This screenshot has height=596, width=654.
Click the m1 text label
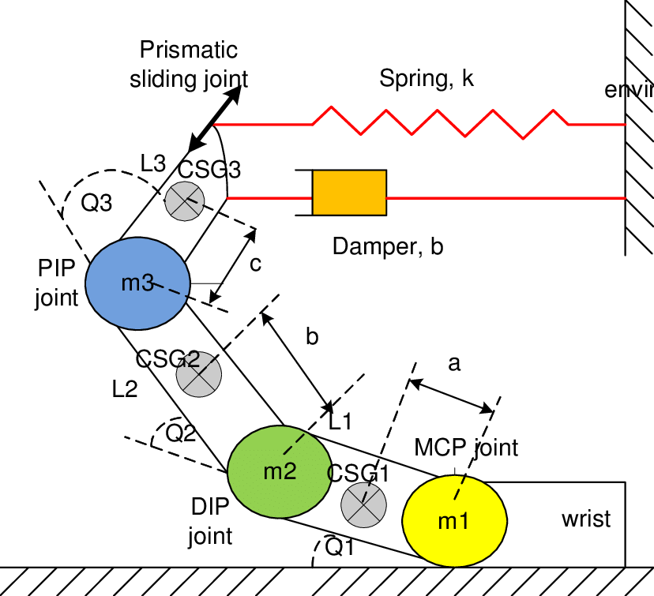click(453, 522)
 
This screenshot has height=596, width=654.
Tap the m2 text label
click(280, 472)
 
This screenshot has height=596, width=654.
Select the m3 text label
click(137, 283)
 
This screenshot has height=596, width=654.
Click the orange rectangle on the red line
click(349, 193)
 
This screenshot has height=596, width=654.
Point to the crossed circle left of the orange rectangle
click(185, 201)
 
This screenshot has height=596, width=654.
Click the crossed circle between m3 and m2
click(199, 375)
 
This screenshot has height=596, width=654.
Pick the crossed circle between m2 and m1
click(363, 504)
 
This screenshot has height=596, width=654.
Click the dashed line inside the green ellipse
click(294, 443)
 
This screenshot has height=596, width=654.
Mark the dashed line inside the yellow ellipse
click(459, 488)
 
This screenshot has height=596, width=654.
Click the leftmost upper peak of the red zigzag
click(332, 107)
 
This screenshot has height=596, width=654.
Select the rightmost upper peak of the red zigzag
click(553, 111)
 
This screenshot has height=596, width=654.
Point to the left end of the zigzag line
click(216, 125)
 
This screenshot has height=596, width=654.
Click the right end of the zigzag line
click(625, 125)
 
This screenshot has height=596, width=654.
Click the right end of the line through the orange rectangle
click(625, 198)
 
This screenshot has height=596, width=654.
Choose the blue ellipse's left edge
click(87, 283)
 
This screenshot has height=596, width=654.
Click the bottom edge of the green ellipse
click(280, 516)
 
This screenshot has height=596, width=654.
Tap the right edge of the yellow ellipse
click(506, 521)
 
